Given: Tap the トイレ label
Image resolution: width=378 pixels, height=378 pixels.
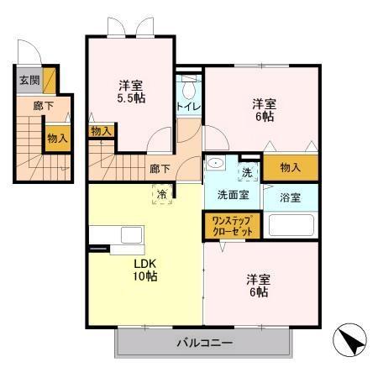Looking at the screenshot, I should click(x=187, y=107).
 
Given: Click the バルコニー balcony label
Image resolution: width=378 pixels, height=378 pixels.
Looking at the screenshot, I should click(x=204, y=342).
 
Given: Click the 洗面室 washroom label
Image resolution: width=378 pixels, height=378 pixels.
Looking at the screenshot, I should click(x=233, y=195).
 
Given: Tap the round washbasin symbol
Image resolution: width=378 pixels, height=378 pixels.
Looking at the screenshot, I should click(x=216, y=164).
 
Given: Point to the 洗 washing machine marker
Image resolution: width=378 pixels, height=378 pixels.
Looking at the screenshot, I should click(x=248, y=171).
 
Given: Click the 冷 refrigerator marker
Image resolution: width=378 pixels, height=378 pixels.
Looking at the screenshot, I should click(x=160, y=194).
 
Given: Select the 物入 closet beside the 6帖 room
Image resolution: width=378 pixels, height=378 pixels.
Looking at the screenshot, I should click(x=290, y=167).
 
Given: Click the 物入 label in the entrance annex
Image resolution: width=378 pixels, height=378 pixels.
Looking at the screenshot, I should click(x=57, y=138).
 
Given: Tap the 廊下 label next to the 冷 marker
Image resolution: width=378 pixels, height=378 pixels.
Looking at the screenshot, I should click(x=160, y=169).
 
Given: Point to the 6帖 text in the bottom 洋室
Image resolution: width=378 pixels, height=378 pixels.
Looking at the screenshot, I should click(x=258, y=292).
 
